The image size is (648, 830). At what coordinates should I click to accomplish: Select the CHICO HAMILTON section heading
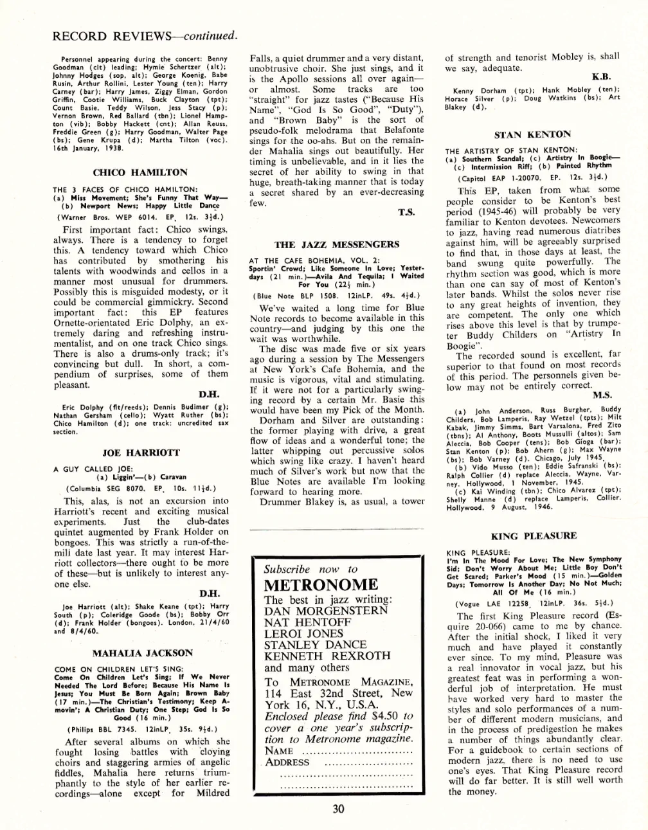[x=140, y=172]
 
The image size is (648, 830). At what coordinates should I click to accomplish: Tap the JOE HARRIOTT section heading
[x=141, y=453]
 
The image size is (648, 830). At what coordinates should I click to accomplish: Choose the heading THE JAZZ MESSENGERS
[x=336, y=244]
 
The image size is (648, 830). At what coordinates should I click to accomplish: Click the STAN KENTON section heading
[x=532, y=134]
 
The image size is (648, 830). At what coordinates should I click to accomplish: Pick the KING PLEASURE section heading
[x=534, y=536]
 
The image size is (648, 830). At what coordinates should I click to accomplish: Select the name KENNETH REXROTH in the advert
[x=327, y=656]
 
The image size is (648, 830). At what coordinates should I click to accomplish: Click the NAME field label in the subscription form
[x=279, y=750]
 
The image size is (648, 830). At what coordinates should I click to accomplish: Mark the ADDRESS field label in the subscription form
[x=287, y=762]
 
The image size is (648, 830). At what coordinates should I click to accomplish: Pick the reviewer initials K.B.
[x=601, y=77]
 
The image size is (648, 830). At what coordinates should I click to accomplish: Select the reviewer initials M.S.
[x=602, y=394]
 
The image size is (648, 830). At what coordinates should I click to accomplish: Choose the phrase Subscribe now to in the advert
[x=310, y=569]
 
